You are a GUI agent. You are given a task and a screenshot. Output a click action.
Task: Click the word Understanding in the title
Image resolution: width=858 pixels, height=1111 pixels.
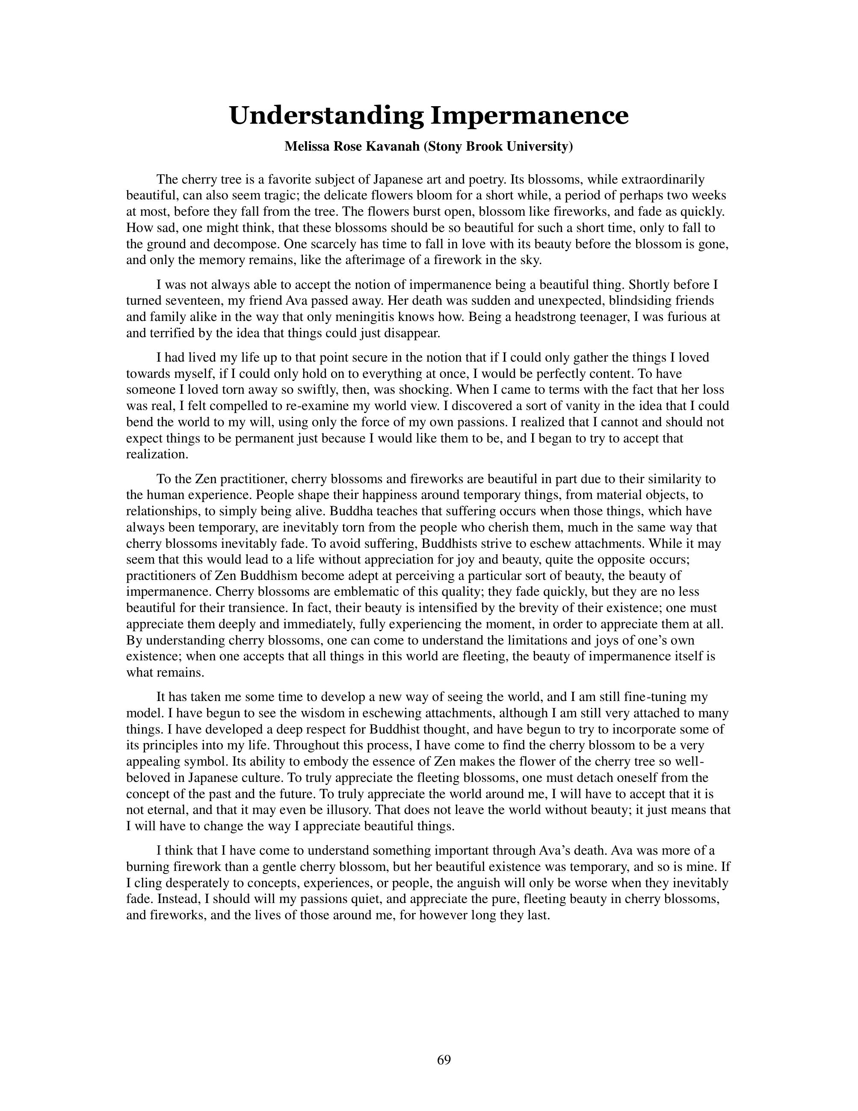point(326,116)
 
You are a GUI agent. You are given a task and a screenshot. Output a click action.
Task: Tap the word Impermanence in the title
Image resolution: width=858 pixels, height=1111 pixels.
point(530,116)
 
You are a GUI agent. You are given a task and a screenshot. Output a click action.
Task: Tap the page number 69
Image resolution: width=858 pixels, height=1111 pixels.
point(444,1060)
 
